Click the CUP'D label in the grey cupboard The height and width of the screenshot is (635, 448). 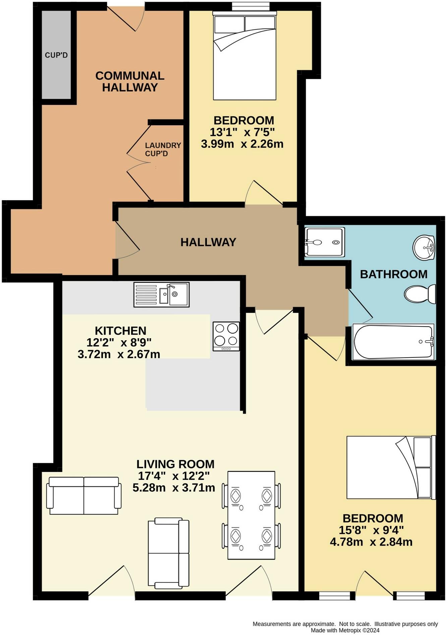tap(56, 55)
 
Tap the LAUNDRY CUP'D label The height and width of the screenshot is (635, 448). tap(163, 149)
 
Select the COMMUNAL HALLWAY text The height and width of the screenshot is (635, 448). tap(130, 81)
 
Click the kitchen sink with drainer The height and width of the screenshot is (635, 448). tap(161, 294)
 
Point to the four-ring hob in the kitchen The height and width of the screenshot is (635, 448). tap(226, 336)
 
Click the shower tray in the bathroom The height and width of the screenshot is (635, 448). tap(324, 242)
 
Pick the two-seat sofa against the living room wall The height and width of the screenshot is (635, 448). tap(84, 496)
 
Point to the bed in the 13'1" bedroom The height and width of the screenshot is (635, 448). tap(244, 57)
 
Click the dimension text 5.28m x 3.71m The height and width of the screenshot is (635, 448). tap(174, 488)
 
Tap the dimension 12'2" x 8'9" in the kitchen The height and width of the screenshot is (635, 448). tap(119, 343)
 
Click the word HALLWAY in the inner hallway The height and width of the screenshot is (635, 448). tap(208, 242)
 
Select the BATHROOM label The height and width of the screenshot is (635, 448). tap(393, 274)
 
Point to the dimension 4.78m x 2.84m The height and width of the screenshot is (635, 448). tap(371, 542)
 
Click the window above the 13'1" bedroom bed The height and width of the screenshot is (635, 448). tap(251, 6)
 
